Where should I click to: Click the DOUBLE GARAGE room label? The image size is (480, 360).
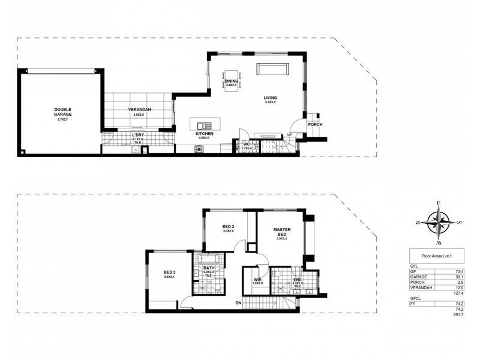pyautogui.click(x=63, y=112)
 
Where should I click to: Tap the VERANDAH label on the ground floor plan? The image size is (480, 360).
pyautogui.click(x=139, y=110)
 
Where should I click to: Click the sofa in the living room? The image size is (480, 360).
pyautogui.click(x=273, y=68)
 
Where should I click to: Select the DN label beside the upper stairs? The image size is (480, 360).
pyautogui.click(x=238, y=302)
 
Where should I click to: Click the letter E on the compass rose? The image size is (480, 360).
pyautogui.click(x=439, y=204)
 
